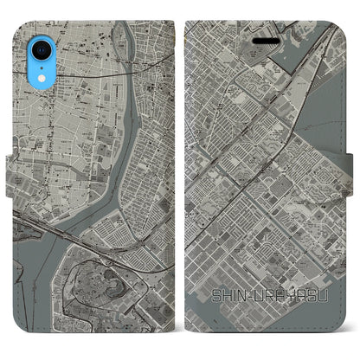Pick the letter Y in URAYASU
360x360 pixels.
point(290,299)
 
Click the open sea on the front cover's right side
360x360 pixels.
point(333,130)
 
